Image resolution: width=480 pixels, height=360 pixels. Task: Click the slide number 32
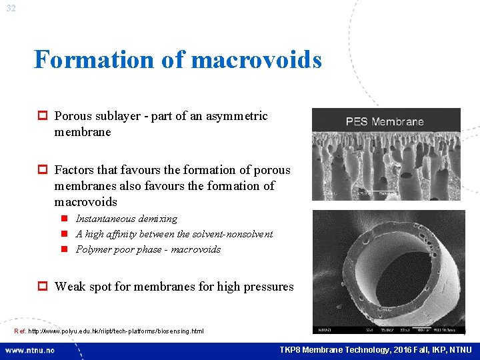[11, 9]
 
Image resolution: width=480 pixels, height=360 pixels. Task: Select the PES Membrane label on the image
[385, 121]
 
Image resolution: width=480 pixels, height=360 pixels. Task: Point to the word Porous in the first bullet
[75, 116]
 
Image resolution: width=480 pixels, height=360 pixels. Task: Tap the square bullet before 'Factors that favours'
[43, 171]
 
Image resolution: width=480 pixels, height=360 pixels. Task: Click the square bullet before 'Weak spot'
[43, 287]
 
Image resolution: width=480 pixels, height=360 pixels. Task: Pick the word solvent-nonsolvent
[232, 234]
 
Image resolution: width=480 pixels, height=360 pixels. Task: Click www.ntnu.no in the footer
[30, 350]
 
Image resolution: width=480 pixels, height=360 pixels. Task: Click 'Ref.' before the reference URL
[20, 331]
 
